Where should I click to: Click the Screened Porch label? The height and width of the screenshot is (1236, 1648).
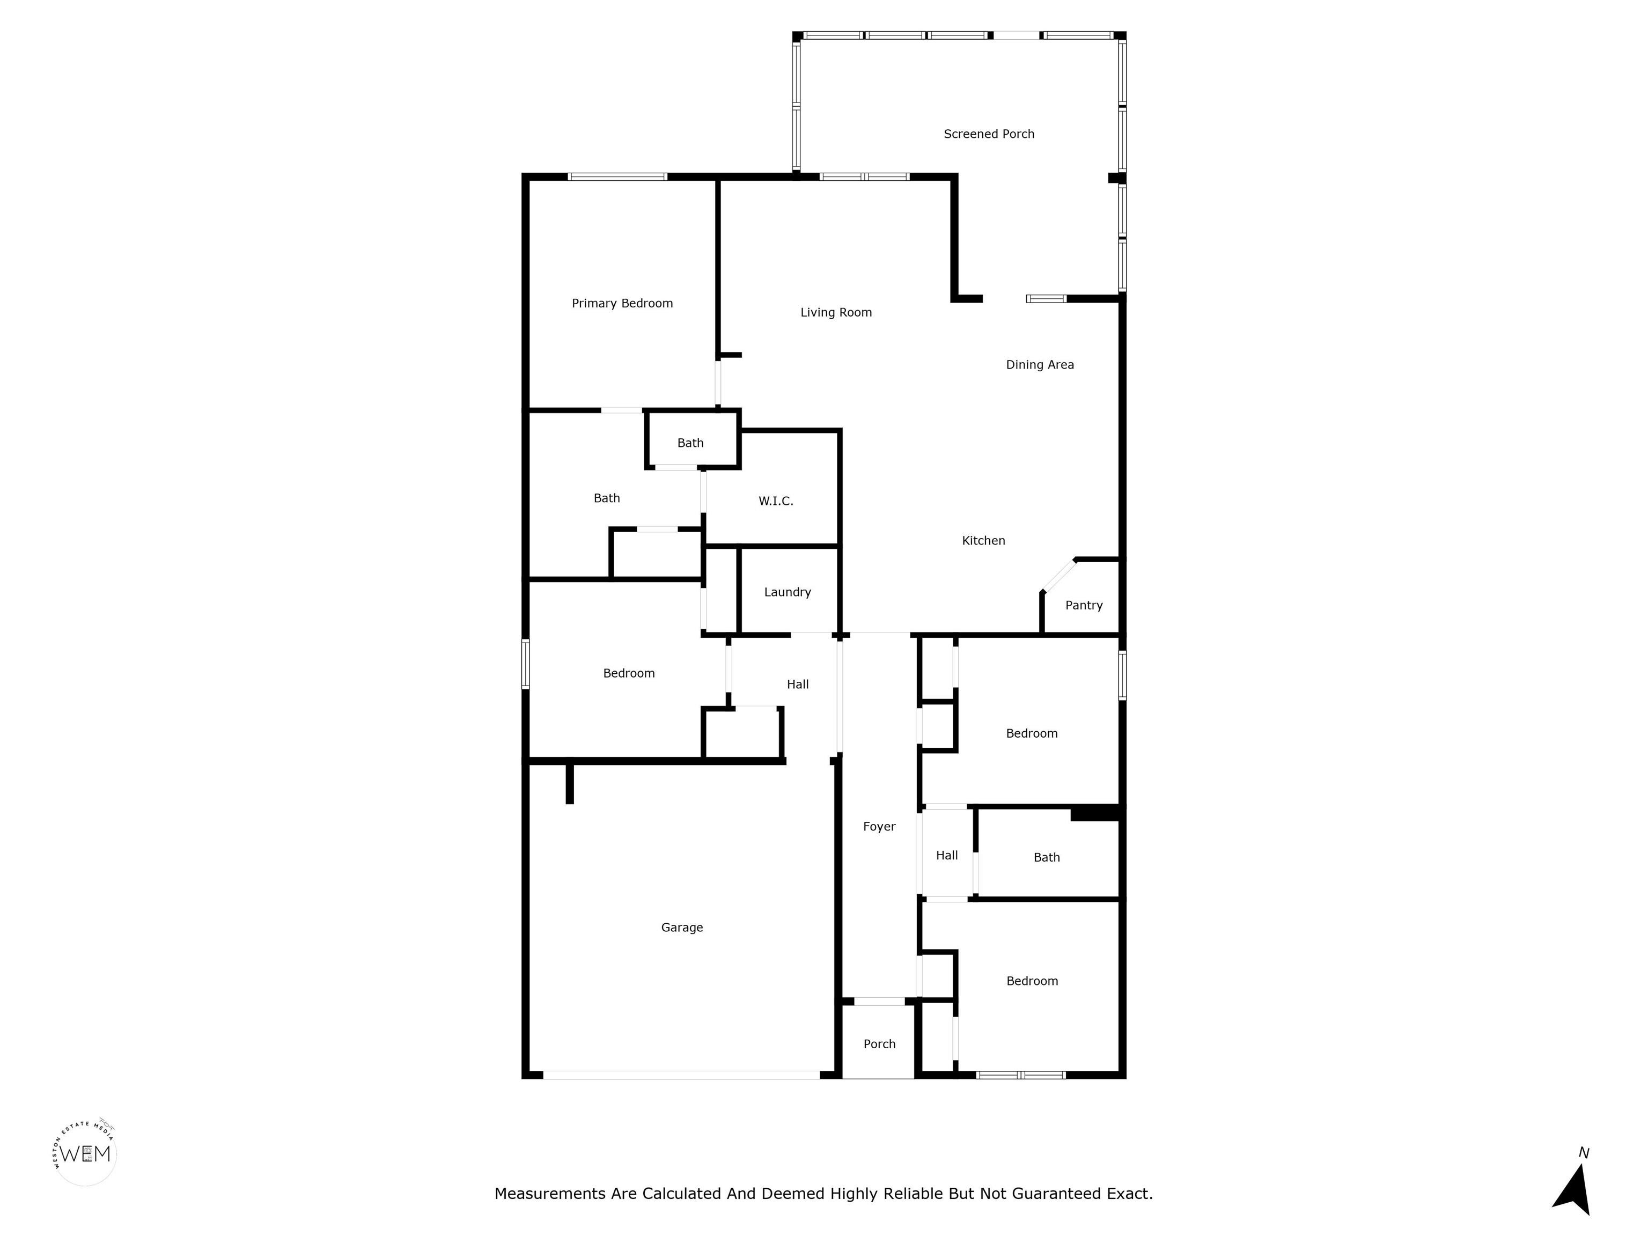click(989, 134)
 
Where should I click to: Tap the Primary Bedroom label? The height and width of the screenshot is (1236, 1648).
click(622, 303)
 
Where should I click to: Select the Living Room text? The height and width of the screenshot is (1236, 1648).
click(836, 312)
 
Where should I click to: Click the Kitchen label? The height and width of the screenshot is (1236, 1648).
click(983, 540)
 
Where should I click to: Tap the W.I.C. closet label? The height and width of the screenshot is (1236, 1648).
click(776, 501)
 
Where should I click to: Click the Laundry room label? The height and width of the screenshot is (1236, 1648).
click(788, 592)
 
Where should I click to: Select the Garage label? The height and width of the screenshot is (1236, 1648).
click(682, 928)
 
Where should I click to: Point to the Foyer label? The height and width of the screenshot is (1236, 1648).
click(879, 826)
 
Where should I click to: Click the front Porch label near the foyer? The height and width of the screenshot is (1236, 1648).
click(879, 1044)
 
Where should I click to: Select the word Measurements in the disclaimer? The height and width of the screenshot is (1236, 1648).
click(550, 1194)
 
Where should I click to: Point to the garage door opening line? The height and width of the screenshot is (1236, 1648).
click(681, 1075)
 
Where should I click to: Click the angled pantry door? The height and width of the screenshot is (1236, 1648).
click(1058, 575)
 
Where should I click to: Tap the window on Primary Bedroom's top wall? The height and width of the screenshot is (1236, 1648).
click(617, 176)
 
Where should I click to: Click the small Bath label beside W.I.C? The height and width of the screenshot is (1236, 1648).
click(690, 443)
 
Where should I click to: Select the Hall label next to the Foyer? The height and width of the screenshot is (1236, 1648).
click(946, 855)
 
